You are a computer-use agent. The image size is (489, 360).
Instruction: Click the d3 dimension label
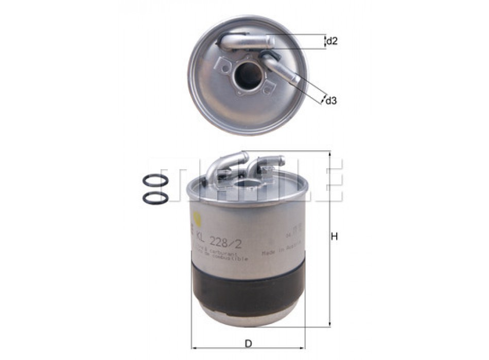(331, 101)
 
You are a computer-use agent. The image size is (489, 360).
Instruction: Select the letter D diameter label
(249, 343)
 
